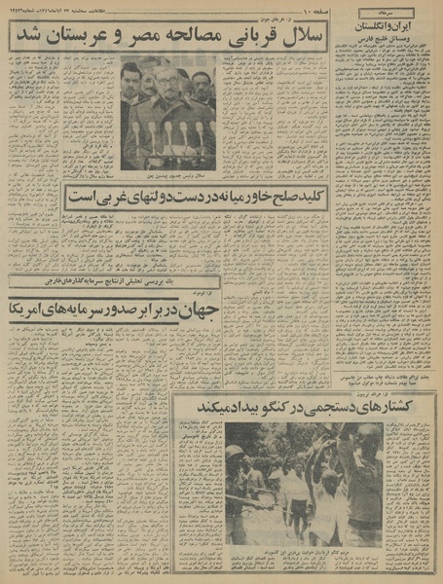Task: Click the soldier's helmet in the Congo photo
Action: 235,454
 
